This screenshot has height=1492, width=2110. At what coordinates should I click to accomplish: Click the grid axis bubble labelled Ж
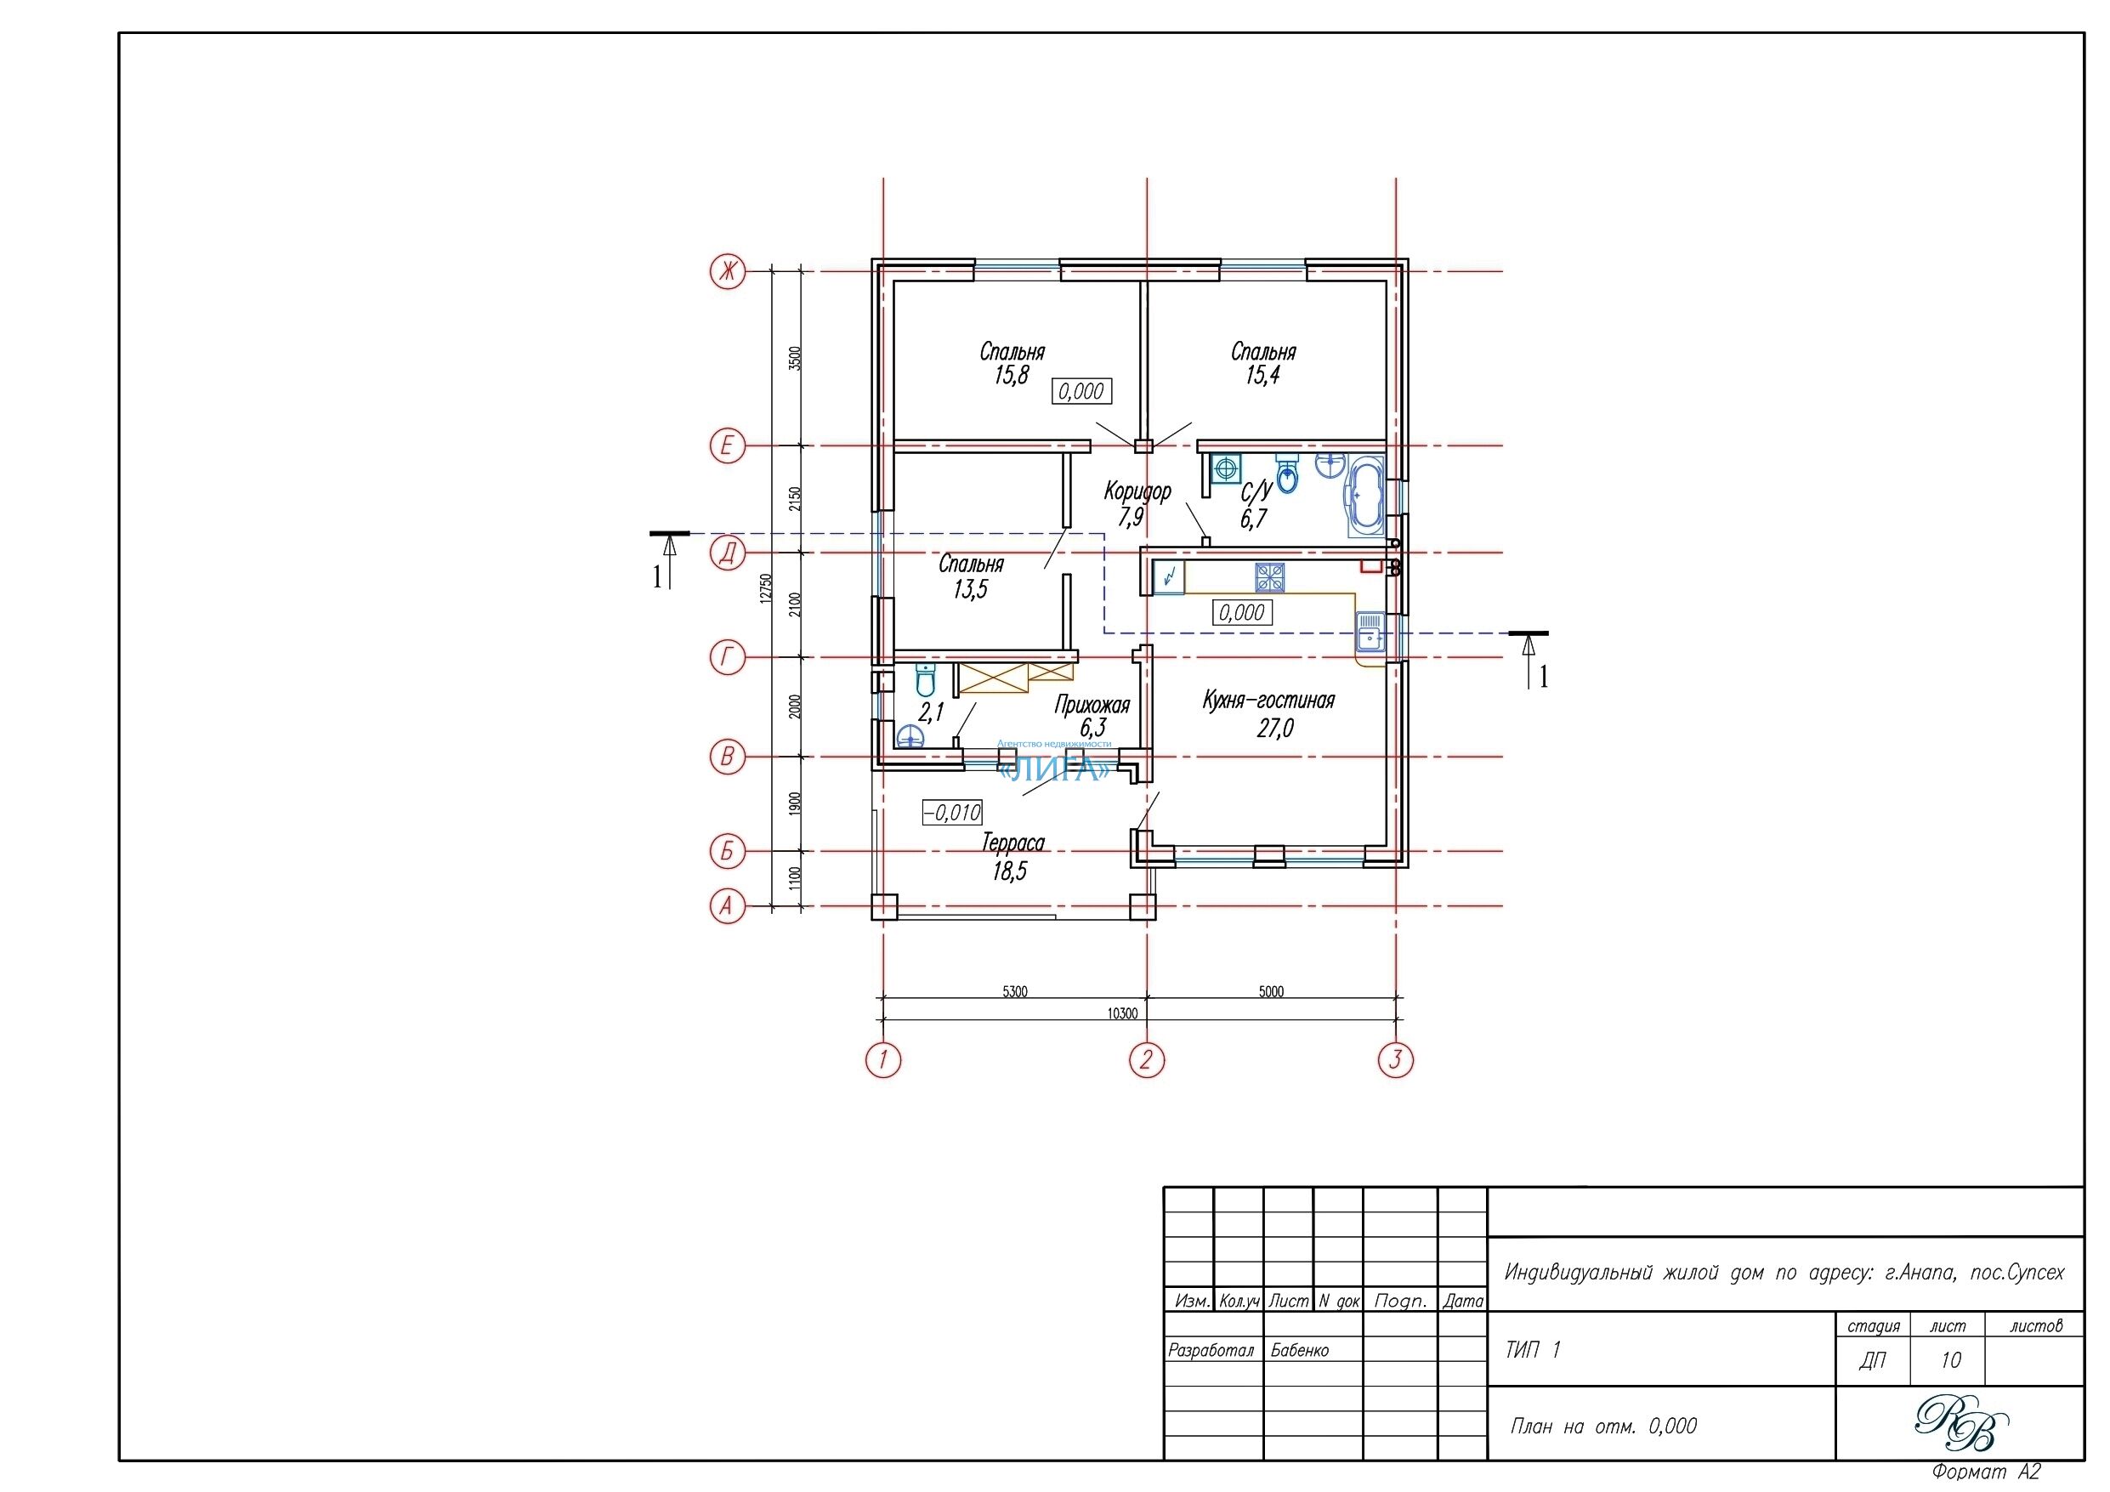(x=728, y=271)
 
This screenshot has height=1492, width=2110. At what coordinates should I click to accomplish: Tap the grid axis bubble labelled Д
(x=728, y=553)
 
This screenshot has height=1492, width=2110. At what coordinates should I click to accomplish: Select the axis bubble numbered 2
(x=1146, y=1060)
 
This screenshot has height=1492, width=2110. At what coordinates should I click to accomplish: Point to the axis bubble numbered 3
(x=1396, y=1060)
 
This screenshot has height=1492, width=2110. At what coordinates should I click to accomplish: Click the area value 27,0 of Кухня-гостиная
(x=1274, y=728)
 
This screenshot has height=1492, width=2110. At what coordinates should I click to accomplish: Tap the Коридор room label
(x=1137, y=491)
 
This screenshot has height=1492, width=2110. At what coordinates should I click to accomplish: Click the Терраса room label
(x=1012, y=843)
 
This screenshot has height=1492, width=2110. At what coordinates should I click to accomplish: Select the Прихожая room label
(x=1092, y=705)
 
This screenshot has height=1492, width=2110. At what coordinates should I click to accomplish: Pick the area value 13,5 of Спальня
(x=971, y=589)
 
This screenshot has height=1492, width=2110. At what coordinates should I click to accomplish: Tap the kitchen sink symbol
(x=1370, y=632)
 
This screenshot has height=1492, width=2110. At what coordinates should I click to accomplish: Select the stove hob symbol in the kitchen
(x=1270, y=577)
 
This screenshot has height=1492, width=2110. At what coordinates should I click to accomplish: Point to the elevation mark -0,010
(x=953, y=813)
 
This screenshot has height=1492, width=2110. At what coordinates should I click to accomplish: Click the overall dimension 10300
(x=1122, y=1013)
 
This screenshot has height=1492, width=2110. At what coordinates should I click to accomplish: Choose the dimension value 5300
(x=1014, y=991)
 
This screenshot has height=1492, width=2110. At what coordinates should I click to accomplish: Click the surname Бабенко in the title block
(x=1300, y=1350)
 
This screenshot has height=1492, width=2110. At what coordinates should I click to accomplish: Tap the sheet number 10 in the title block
(x=1950, y=1359)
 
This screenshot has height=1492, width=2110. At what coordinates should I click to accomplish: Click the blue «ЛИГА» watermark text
(x=1053, y=769)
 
